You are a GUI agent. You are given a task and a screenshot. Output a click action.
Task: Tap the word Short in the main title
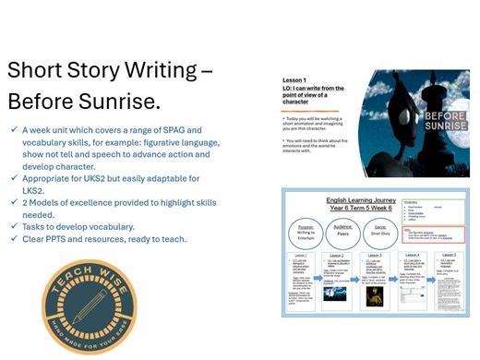coord(39,70)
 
